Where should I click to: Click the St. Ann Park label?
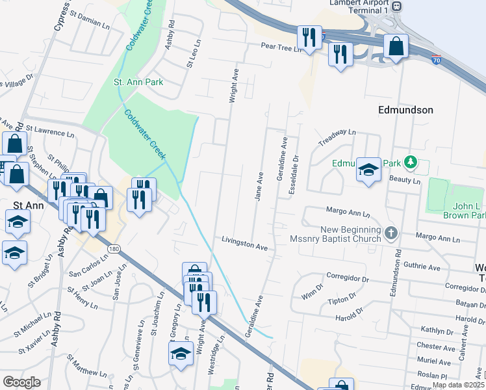pos(138,83)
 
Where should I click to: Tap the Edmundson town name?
pos(405,110)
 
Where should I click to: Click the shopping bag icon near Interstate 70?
pos(395,47)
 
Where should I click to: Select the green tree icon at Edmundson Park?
pos(409,161)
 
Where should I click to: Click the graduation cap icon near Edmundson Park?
pos(368,170)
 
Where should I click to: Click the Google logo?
pos(22,382)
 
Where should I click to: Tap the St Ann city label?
pos(29,206)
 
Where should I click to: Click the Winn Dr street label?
pos(312,291)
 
